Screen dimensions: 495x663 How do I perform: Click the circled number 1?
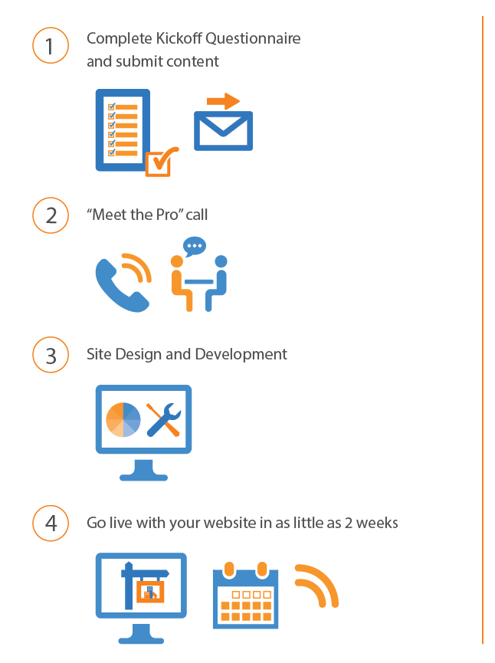pyautogui.click(x=51, y=46)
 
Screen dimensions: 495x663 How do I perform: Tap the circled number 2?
pyautogui.click(x=51, y=215)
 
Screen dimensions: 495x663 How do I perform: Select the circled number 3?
pyautogui.click(x=51, y=355)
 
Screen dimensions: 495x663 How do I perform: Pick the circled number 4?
pyautogui.click(x=51, y=523)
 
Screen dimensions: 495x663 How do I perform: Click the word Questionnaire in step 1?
pyautogui.click(x=253, y=38)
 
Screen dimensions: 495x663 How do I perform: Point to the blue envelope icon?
pyautogui.click(x=223, y=130)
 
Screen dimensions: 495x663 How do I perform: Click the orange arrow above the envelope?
pyautogui.click(x=223, y=101)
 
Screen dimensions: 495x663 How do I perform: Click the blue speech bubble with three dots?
pyautogui.click(x=195, y=246)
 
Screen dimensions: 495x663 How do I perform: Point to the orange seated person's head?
pyautogui.click(x=177, y=261)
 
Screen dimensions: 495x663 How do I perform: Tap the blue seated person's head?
pyautogui.click(x=221, y=261)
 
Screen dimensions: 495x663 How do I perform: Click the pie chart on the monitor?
pyautogui.click(x=123, y=419)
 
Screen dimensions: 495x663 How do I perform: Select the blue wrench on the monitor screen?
pyautogui.click(x=163, y=419)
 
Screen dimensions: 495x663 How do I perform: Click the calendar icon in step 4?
pyautogui.click(x=246, y=596)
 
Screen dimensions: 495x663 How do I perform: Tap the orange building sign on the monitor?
pyautogui.click(x=150, y=591)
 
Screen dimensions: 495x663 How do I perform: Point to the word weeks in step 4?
pyautogui.click(x=377, y=523)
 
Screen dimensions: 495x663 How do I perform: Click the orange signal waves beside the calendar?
pyautogui.click(x=317, y=586)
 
